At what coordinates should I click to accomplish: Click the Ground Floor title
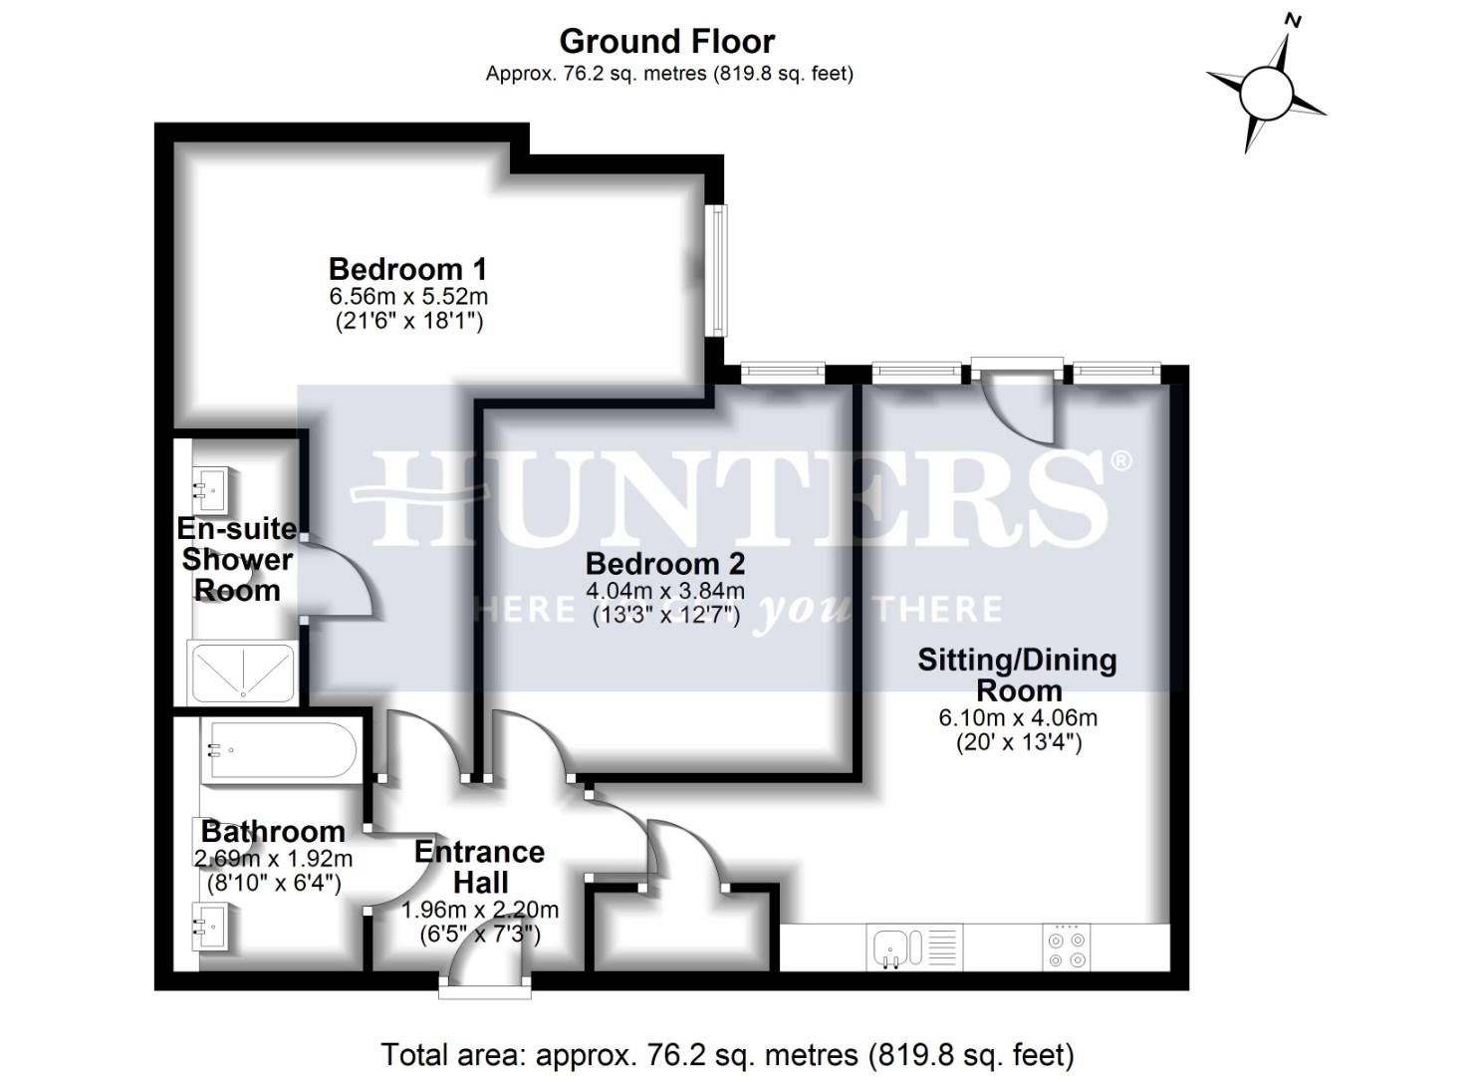point(666,42)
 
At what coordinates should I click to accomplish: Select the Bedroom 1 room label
point(407,269)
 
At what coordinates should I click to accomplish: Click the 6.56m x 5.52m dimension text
point(408,297)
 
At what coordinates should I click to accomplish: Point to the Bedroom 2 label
point(664,564)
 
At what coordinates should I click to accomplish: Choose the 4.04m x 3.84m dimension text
point(665,591)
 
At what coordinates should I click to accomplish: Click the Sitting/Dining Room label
point(1017,674)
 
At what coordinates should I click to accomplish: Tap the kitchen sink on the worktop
point(890,947)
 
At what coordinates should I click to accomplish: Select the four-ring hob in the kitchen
point(1068,947)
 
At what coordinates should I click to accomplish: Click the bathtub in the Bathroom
point(278,750)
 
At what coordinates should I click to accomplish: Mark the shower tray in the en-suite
point(243,671)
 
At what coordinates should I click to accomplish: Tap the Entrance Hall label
point(480,867)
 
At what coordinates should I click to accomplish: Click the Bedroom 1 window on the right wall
point(716,270)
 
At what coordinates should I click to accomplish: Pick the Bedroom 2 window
point(782,373)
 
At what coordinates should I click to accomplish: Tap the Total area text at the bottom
point(727,1054)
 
